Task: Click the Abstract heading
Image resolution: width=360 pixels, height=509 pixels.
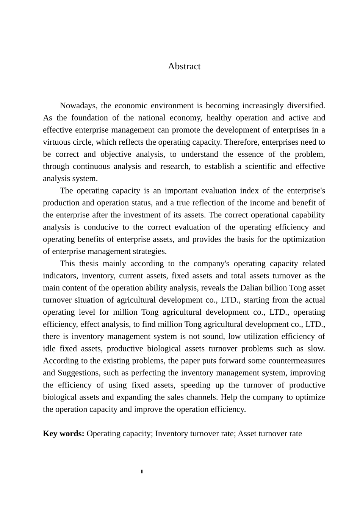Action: tap(184, 66)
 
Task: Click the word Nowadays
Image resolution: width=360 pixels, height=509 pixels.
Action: tap(78, 106)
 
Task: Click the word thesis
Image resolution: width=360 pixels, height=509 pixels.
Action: tap(89, 263)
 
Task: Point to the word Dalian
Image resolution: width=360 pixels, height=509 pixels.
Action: tap(251, 287)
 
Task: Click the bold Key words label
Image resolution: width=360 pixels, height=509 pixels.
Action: tap(64, 434)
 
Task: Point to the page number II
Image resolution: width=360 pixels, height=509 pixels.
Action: tap(142, 472)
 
